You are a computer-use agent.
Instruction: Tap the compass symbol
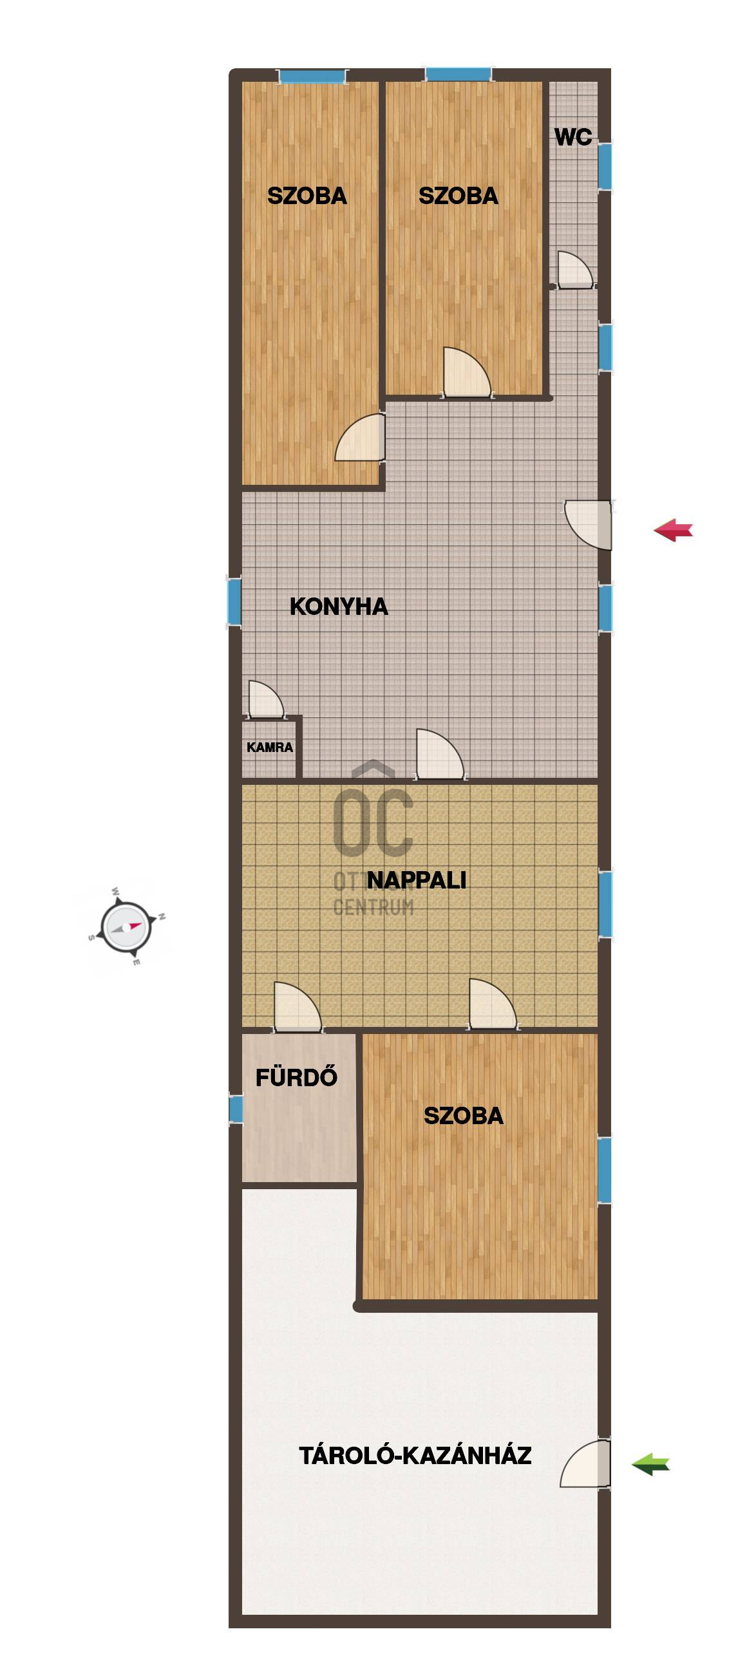click(x=126, y=926)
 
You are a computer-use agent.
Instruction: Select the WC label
click(x=572, y=137)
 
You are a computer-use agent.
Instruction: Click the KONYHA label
click(x=339, y=607)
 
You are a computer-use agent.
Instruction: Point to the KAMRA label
click(x=270, y=748)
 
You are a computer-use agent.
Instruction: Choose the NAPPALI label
click(x=416, y=880)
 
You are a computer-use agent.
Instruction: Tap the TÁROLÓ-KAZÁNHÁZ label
click(x=415, y=1455)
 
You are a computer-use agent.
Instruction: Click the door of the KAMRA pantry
click(x=265, y=699)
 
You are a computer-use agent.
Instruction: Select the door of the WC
click(x=575, y=270)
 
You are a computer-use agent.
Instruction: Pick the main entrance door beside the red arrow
click(x=589, y=525)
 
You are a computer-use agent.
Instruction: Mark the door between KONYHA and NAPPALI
click(x=440, y=754)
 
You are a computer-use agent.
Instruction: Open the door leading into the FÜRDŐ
click(x=298, y=1006)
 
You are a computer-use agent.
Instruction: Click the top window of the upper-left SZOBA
click(x=312, y=76)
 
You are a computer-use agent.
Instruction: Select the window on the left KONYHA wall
click(x=234, y=603)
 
